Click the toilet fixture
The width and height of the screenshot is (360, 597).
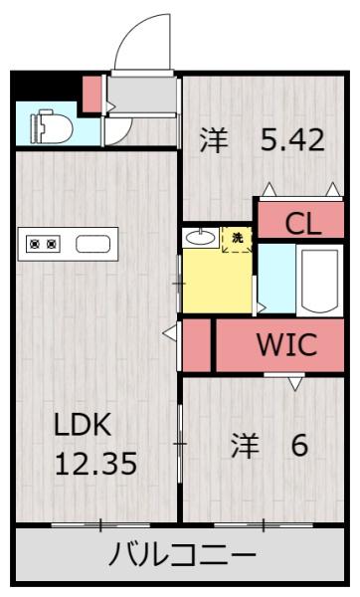tap(52, 126)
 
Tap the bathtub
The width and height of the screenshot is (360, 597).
tap(319, 281)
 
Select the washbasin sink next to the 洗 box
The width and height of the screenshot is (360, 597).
tap(201, 238)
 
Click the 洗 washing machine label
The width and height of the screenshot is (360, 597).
tap(237, 239)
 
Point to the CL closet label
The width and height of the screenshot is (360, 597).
tap(303, 224)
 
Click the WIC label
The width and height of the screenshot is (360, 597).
tap(287, 344)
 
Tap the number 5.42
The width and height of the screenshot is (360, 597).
tap(292, 140)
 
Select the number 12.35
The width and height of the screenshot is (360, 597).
tap(95, 464)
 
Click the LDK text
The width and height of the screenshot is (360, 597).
tap(83, 425)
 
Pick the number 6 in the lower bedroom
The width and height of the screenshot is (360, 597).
tap(299, 445)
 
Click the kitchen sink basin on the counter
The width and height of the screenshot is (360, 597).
tap(93, 244)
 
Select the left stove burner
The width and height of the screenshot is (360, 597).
tap(36, 244)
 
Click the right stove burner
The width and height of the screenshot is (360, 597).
tap(52, 244)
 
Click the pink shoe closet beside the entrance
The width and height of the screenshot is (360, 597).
tap(92, 95)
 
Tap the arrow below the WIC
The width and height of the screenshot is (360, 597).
tap(295, 383)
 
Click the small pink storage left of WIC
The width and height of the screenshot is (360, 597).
tap(197, 345)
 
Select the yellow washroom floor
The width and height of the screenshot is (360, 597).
tap(218, 282)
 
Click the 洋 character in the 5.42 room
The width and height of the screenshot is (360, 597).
tap(214, 140)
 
